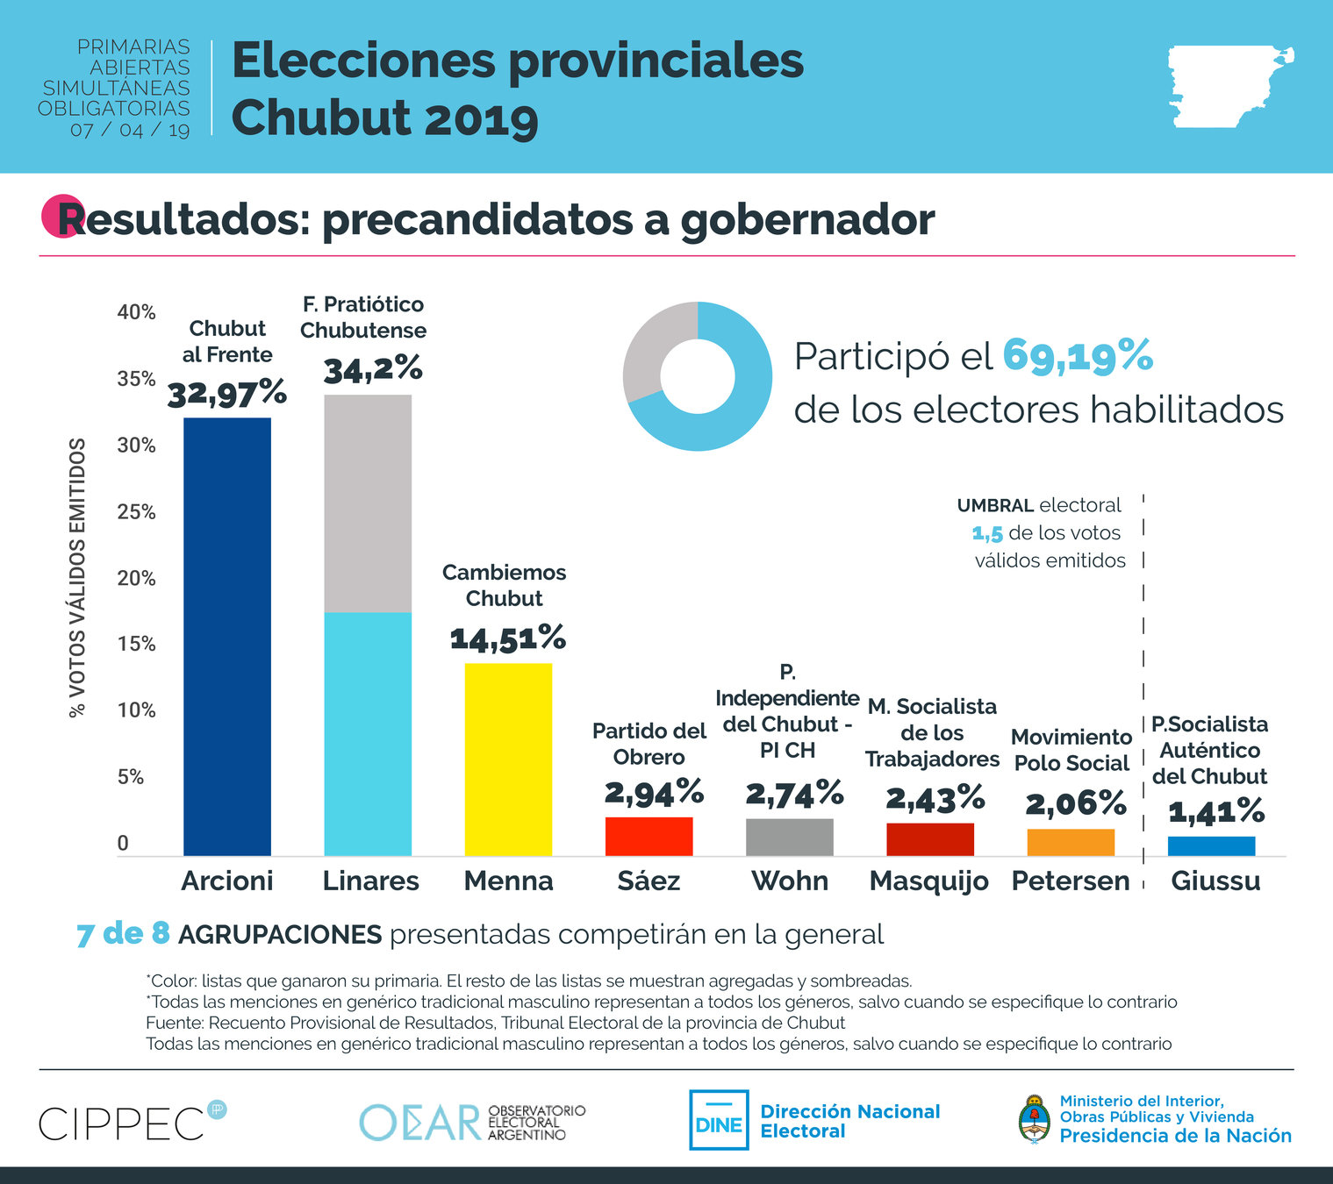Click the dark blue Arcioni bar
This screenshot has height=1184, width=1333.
(226, 636)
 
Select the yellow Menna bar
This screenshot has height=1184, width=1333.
(508, 759)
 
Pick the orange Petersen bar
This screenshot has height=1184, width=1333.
(1071, 842)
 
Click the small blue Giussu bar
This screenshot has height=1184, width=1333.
(1211, 845)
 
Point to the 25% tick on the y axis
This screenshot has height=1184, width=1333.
(136, 511)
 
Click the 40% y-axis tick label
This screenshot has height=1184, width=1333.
(136, 312)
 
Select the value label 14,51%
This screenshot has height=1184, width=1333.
(508, 638)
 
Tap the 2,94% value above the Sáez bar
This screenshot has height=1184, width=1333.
(654, 792)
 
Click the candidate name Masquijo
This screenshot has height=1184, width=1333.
(928, 881)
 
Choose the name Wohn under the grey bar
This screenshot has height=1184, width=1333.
(789, 881)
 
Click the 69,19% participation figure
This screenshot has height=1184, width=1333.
(1077, 355)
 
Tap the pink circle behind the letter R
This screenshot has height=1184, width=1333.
(60, 216)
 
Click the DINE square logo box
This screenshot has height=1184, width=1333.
(719, 1120)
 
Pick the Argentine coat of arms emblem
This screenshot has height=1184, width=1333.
(1034, 1118)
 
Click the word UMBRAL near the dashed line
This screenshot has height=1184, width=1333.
(994, 505)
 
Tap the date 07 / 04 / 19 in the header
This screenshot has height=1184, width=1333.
(130, 130)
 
